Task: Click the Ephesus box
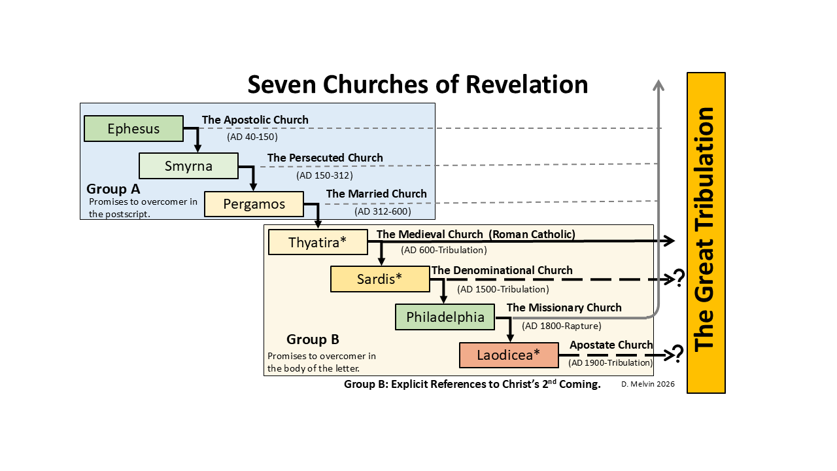[133, 129]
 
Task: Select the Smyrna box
[188, 166]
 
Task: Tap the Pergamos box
[254, 204]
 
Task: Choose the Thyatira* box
[318, 243]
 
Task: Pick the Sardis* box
[379, 279]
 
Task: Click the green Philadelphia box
[445, 317]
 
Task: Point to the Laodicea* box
[509, 355]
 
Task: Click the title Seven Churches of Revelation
[417, 85]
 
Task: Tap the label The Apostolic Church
[255, 120]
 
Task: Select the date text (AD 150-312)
[324, 175]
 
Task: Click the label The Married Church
[377, 194]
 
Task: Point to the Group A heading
[113, 190]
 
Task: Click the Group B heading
[313, 340]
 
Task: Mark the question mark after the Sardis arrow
[679, 279]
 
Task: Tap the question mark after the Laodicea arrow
[678, 354]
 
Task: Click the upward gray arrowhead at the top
[658, 85]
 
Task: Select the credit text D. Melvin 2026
[648, 385]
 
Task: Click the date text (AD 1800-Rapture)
[562, 326]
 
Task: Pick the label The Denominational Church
[502, 270]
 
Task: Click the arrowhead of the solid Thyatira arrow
[669, 241]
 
